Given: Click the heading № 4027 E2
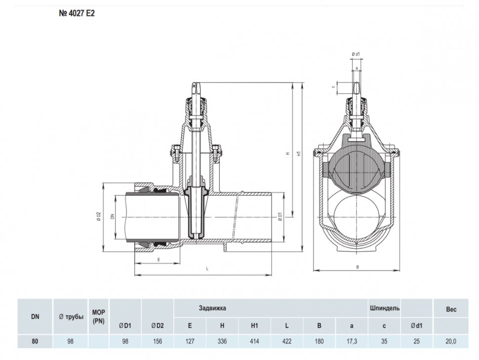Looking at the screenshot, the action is (77, 13).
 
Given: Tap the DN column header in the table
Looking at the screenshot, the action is (35, 317).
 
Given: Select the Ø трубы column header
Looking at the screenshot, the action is (71, 317).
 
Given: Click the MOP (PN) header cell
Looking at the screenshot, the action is (98, 317).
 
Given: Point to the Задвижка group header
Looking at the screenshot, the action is (213, 308).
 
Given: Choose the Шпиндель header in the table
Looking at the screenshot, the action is (385, 308).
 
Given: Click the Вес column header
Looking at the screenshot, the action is (451, 309).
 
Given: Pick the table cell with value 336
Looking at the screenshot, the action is (222, 341).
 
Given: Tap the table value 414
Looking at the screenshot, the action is (254, 341).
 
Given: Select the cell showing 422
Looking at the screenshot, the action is (287, 341).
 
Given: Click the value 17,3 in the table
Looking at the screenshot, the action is (352, 341).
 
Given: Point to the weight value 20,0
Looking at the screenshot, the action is (451, 341).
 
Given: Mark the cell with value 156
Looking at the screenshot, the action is (158, 341).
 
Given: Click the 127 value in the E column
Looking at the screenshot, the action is (190, 341).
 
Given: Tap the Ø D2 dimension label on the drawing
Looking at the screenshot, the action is (99, 217).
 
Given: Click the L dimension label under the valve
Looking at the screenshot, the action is (207, 269).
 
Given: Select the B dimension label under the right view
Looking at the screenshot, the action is (358, 267).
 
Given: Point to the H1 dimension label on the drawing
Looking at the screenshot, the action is (299, 154).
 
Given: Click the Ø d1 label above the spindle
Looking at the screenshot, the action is (356, 54).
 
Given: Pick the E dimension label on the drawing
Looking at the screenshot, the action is (159, 260).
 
